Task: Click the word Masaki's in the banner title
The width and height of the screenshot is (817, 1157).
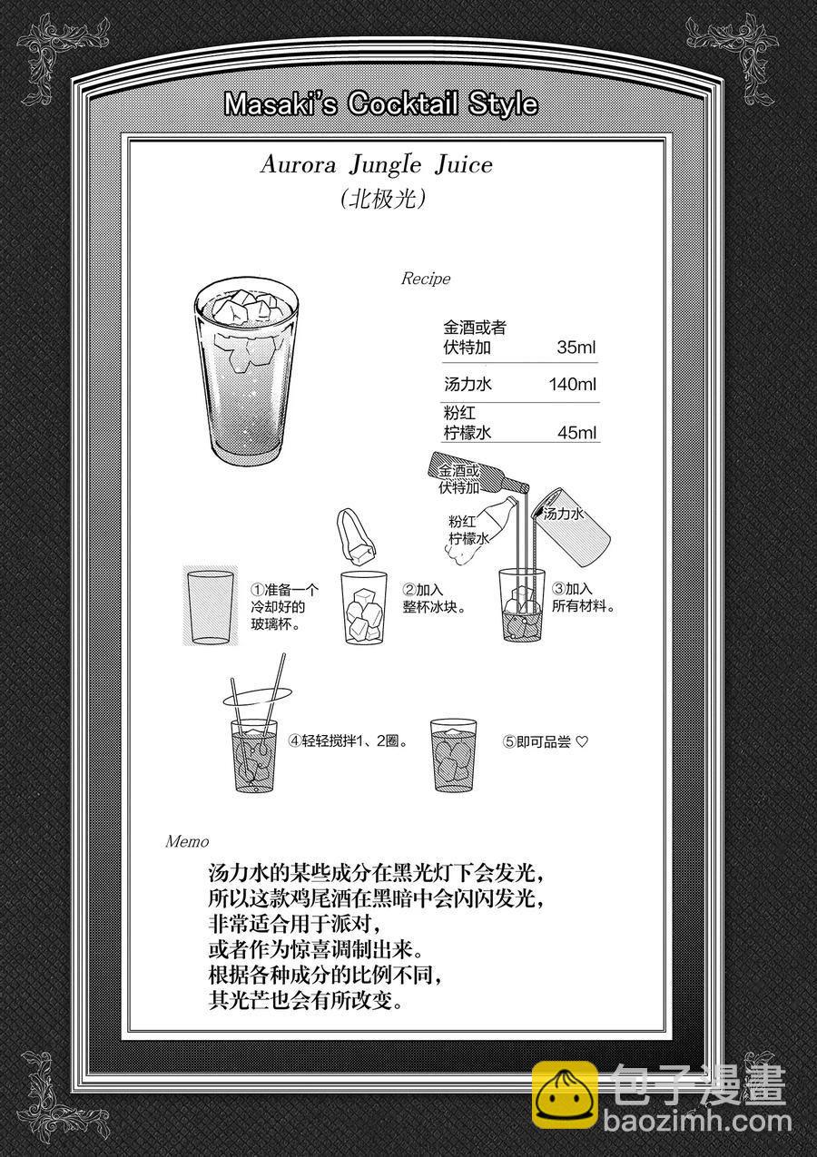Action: (x=281, y=103)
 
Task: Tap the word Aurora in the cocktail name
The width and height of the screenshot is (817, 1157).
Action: (x=299, y=165)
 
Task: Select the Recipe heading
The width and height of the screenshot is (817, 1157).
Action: (x=426, y=279)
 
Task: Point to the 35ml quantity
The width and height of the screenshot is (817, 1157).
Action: (x=576, y=347)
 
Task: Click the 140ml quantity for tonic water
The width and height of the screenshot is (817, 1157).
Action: (x=572, y=384)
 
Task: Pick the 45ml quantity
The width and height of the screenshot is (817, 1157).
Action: (x=576, y=432)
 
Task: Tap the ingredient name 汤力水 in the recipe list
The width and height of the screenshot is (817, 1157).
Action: (x=468, y=384)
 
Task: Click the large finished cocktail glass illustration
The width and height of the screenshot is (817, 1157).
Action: (x=247, y=372)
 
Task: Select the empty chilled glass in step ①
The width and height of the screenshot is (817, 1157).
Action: (x=211, y=607)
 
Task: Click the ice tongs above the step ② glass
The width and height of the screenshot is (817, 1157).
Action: (x=355, y=536)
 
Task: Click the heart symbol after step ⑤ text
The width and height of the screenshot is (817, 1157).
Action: (x=582, y=742)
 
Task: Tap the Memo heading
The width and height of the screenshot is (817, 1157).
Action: (x=187, y=842)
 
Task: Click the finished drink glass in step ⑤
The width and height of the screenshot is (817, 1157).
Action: (x=454, y=755)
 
